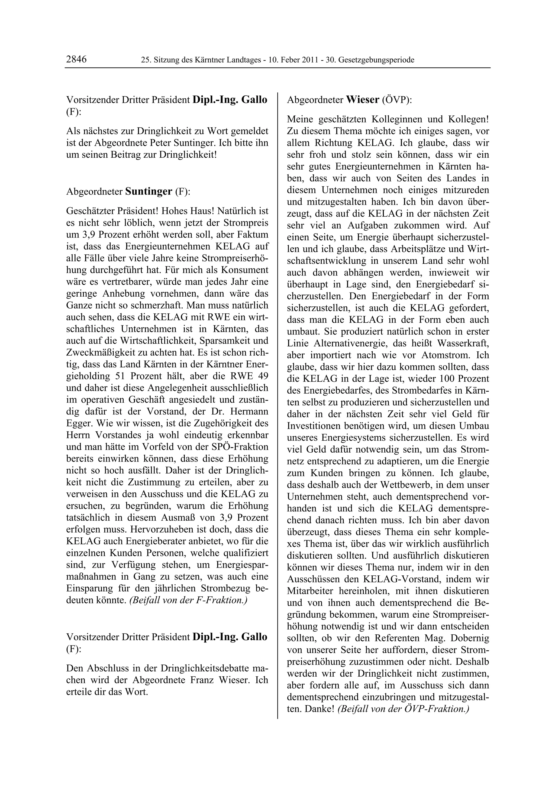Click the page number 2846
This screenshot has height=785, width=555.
tap(76, 60)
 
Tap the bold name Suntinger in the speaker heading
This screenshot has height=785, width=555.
tap(149, 192)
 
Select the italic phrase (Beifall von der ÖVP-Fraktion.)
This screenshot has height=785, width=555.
tap(404, 709)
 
